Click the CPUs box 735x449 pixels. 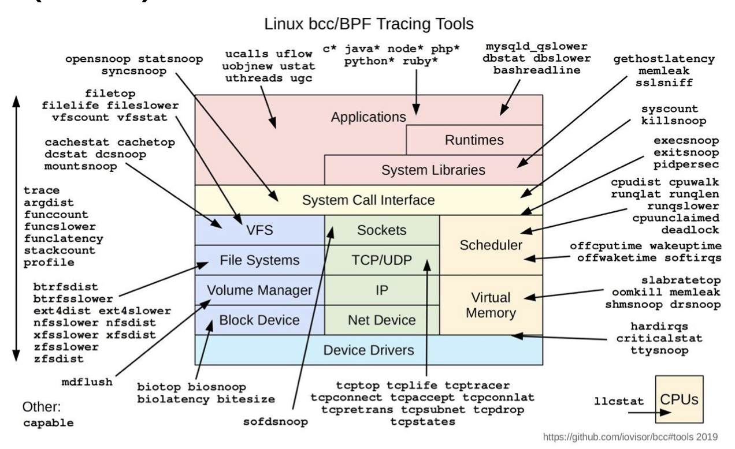pyautogui.click(x=679, y=399)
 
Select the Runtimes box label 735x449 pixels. pyautogui.click(x=474, y=140)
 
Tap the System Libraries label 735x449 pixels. pyautogui.click(x=433, y=170)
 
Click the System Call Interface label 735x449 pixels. pyautogui.click(x=368, y=200)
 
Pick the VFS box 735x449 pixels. pyautogui.click(x=259, y=230)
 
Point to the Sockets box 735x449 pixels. pyautogui.click(x=382, y=230)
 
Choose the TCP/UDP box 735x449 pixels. pyautogui.click(x=382, y=260)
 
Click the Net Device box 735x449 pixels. pyautogui.click(x=382, y=320)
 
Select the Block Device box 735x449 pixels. pyautogui.click(x=259, y=320)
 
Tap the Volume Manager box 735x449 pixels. pyautogui.click(x=259, y=290)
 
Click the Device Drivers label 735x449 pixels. pyautogui.click(x=369, y=350)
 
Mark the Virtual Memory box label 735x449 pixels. pyautogui.click(x=491, y=305)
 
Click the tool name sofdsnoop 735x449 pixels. pyautogui.click(x=275, y=422)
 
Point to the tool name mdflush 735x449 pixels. pyautogui.click(x=87, y=382)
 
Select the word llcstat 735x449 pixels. pyautogui.click(x=619, y=401)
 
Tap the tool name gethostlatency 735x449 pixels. pyautogui.click(x=664, y=59)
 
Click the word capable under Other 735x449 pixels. pyautogui.click(x=48, y=423)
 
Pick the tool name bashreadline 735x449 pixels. pyautogui.click(x=537, y=70)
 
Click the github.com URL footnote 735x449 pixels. pyautogui.click(x=630, y=437)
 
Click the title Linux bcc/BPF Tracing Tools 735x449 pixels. pyautogui.click(x=369, y=24)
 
